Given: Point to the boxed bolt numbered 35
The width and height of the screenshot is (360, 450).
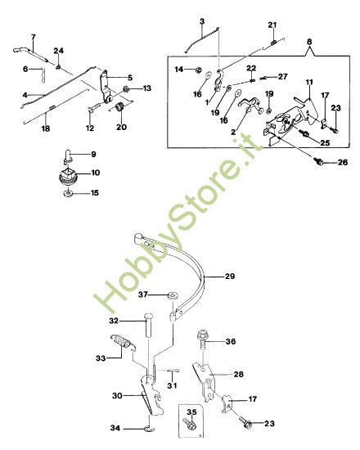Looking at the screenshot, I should click(x=191, y=423).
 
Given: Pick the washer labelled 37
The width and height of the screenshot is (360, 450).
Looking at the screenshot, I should click(x=172, y=295).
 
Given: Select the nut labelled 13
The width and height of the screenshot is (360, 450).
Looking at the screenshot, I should click(x=127, y=89).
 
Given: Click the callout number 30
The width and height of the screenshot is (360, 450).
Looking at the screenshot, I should click(x=117, y=396).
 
